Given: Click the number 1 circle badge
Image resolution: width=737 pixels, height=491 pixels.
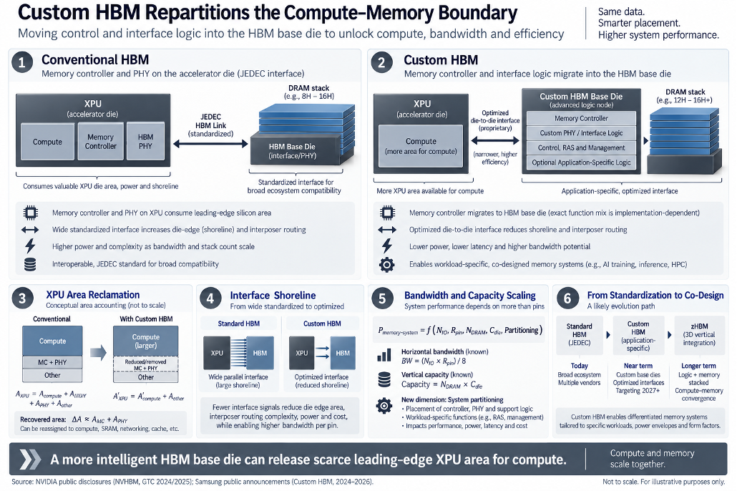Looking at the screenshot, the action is point(21,62).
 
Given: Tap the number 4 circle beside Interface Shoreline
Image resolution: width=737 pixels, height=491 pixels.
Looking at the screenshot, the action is point(210,298).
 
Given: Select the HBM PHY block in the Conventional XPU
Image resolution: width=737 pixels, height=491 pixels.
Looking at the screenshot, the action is point(146,141).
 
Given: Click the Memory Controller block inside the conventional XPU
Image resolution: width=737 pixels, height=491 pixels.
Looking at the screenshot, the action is point(101,141).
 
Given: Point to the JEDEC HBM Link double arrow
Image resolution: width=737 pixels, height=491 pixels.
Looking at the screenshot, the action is point(210,144).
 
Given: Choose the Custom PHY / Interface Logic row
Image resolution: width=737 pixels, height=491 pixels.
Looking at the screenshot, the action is point(581,133).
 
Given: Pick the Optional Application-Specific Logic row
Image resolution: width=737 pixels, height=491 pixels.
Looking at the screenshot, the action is point(581,162).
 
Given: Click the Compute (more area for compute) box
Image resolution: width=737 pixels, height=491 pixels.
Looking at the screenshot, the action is point(421,146).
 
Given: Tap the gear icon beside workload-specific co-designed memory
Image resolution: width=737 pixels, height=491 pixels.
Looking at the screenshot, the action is point(387,265).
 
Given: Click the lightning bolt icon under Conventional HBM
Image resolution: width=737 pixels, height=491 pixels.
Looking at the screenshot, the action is point(30,246).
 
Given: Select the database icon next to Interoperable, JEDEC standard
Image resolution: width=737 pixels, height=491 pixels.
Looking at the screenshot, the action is point(30,264).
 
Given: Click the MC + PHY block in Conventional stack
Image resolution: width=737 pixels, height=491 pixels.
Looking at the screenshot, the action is point(52,362).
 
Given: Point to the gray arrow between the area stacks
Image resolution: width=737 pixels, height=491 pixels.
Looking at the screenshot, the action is point(98,352).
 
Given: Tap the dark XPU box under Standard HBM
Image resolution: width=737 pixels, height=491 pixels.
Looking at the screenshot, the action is point(217,353).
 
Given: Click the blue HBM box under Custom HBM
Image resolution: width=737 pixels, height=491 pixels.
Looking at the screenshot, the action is point(343,353).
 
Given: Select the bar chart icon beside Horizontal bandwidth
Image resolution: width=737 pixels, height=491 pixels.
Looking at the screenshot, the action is point(384,355).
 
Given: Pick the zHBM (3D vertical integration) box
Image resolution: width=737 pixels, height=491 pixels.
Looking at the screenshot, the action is point(699,335).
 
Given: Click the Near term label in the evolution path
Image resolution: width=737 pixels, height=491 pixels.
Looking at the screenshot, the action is point(638,366).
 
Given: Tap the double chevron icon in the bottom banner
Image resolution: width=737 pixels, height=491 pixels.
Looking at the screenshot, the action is point(29,460).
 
